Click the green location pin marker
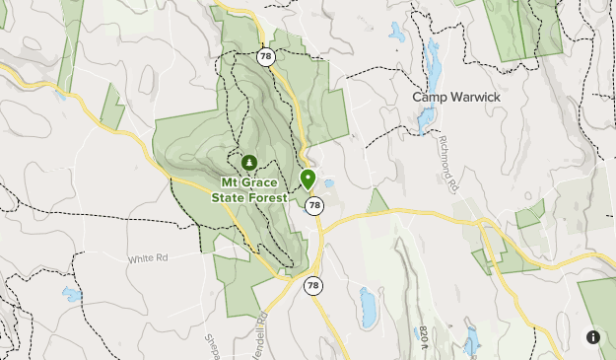click(308, 180)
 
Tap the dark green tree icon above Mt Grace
click(249, 162)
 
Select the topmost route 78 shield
click(266, 57)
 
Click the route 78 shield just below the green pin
click(313, 205)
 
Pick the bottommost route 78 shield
click(312, 286)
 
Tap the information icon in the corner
click(593, 337)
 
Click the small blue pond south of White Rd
click(72, 294)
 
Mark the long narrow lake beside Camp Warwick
click(429, 84)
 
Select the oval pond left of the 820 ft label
click(368, 307)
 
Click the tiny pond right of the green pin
click(329, 183)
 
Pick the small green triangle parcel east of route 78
click(377, 202)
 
